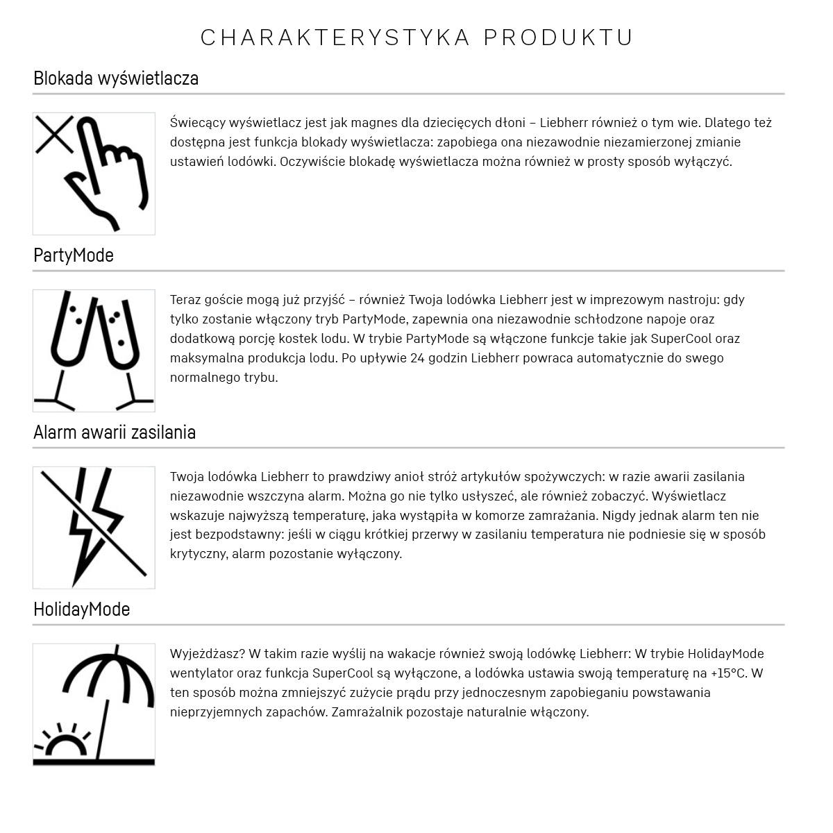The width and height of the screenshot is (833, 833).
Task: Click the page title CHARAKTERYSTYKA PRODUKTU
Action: pos(416,37)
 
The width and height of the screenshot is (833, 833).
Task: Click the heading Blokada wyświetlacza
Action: pos(116,78)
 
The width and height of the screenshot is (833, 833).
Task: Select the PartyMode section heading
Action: pos(74,255)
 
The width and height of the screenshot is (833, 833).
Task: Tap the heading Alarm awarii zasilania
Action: pos(115,432)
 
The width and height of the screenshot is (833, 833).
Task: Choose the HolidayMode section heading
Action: pos(82,609)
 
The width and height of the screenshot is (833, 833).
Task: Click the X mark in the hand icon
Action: pos(54,134)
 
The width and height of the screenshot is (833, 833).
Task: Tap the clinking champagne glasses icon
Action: pos(94,351)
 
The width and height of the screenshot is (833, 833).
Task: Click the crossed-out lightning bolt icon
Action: pos(94,528)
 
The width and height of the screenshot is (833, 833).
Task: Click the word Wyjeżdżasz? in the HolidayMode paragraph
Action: pos(207,654)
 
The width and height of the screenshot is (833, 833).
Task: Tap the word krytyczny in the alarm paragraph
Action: pos(198,554)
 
